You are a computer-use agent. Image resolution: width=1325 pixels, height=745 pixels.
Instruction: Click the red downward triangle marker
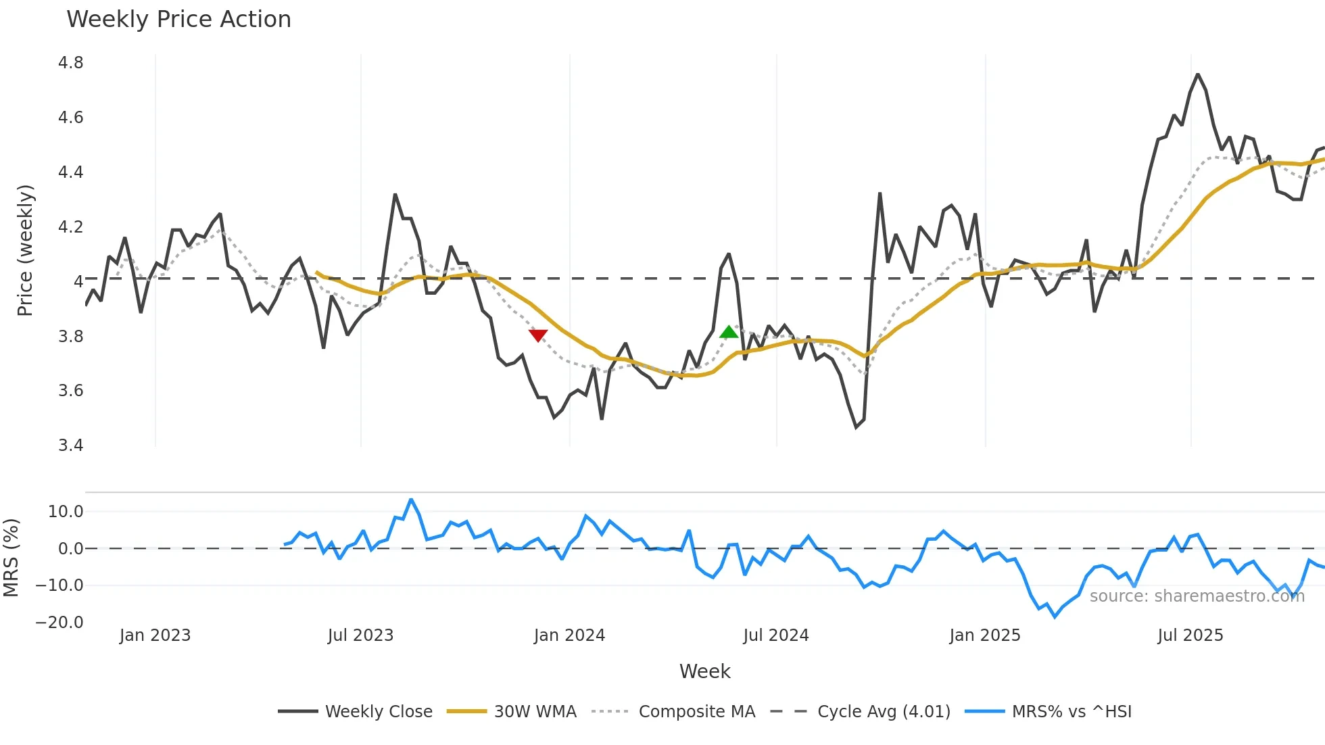click(x=538, y=335)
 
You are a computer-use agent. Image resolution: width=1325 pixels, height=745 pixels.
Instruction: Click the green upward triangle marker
click(x=729, y=331)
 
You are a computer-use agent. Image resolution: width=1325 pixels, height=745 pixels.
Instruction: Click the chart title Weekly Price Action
click(x=178, y=19)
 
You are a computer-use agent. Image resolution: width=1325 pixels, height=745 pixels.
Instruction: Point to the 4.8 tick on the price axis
click(x=70, y=63)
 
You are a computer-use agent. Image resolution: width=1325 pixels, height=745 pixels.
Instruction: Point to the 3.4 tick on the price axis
click(x=70, y=445)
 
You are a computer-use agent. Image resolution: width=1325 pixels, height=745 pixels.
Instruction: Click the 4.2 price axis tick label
click(x=70, y=226)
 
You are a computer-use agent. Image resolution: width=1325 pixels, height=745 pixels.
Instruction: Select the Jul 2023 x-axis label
click(x=360, y=635)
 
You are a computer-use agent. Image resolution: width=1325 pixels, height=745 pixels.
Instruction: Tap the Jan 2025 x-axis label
click(x=984, y=635)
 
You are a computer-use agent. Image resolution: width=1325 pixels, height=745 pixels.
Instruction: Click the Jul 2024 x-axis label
click(x=775, y=635)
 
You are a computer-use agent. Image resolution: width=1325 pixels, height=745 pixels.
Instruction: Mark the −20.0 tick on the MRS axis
click(x=59, y=622)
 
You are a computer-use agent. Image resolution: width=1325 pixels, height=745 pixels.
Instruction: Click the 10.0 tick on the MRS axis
click(x=66, y=511)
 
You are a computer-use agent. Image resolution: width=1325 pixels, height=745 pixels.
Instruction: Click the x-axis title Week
click(x=704, y=671)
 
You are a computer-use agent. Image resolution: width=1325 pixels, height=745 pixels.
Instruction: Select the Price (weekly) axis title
click(x=25, y=250)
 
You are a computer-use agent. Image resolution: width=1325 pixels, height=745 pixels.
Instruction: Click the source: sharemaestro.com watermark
click(x=1197, y=596)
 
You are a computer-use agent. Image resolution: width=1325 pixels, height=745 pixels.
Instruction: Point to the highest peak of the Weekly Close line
click(x=1197, y=74)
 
